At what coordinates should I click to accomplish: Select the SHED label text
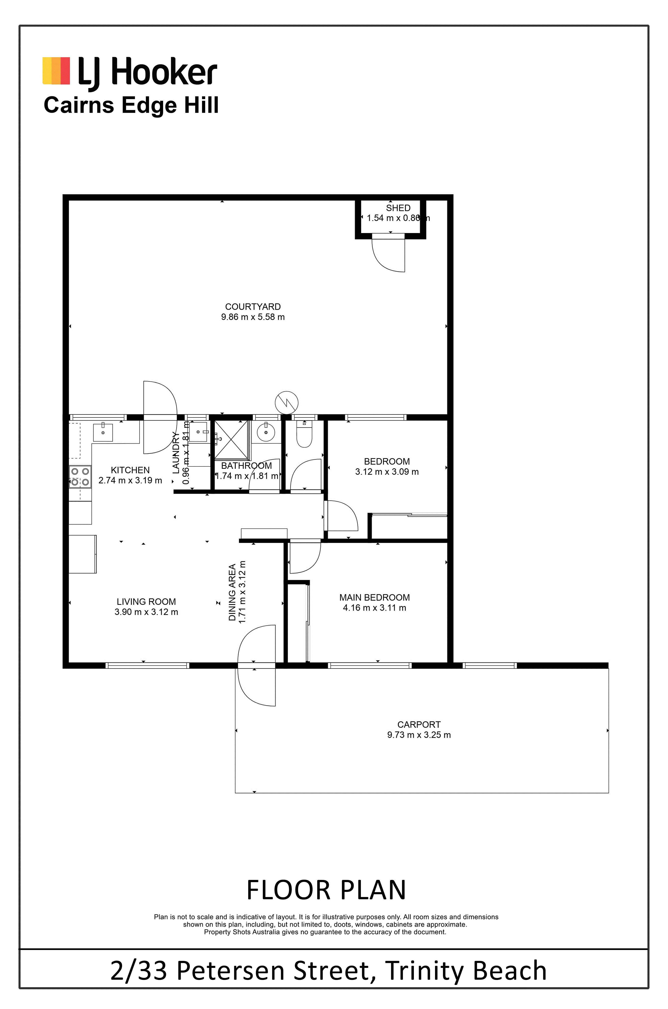pyautogui.click(x=398, y=208)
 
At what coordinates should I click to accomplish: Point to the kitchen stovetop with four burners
pyautogui.click(x=80, y=476)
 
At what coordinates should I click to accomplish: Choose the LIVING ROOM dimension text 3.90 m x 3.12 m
pyautogui.click(x=146, y=612)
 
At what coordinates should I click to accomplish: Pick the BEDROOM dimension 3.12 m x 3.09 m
pyautogui.click(x=387, y=472)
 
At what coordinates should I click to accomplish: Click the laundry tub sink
pyautogui.click(x=198, y=432)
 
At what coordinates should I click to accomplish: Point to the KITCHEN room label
pyautogui.click(x=130, y=470)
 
